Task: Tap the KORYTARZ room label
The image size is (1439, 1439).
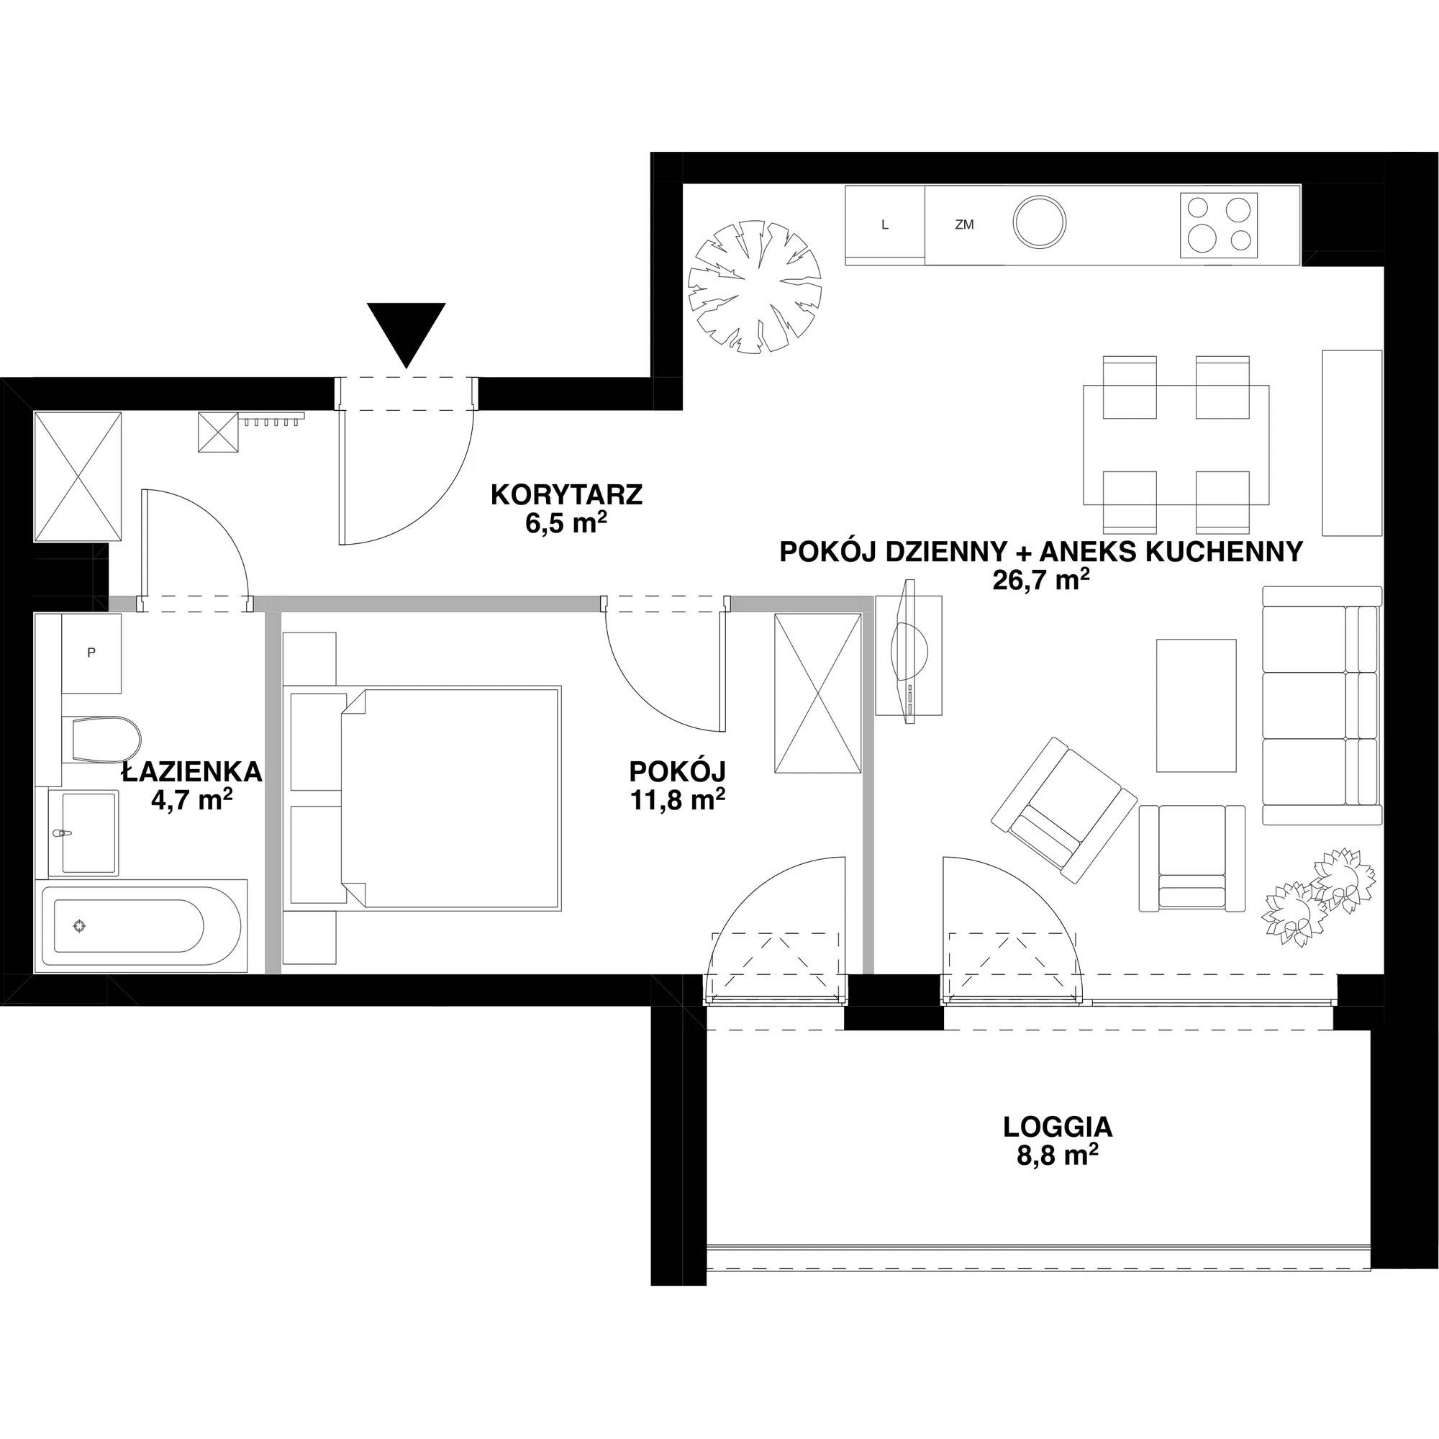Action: (566, 494)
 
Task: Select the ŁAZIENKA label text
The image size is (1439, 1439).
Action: (192, 771)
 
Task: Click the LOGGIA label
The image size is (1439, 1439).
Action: (1058, 1127)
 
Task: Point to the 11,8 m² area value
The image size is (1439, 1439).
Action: (678, 801)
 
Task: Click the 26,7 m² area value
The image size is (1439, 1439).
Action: (1041, 578)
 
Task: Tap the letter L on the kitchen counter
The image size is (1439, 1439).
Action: (885, 224)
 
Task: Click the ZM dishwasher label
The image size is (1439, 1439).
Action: (964, 224)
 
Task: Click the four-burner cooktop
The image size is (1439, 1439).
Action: (1219, 224)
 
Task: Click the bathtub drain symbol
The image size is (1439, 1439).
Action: (80, 926)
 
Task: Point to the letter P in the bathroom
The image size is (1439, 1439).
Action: (91, 653)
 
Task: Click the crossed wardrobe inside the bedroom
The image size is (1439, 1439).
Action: (818, 694)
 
